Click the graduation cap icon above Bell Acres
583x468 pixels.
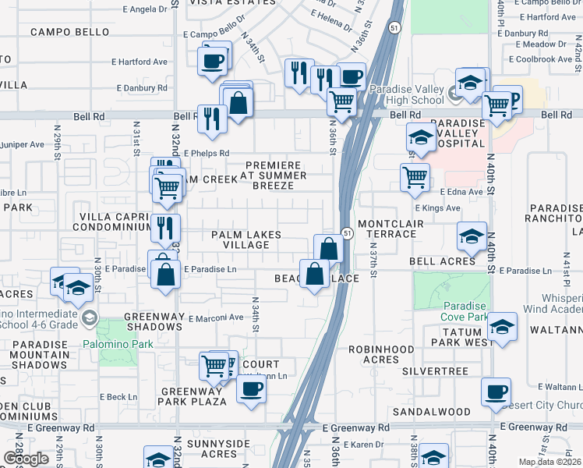click(472, 236)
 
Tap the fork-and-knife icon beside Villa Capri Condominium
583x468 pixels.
click(165, 228)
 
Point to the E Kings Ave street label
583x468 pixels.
click(437, 208)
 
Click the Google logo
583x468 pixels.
click(26, 459)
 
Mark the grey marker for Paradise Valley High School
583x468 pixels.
click(457, 94)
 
